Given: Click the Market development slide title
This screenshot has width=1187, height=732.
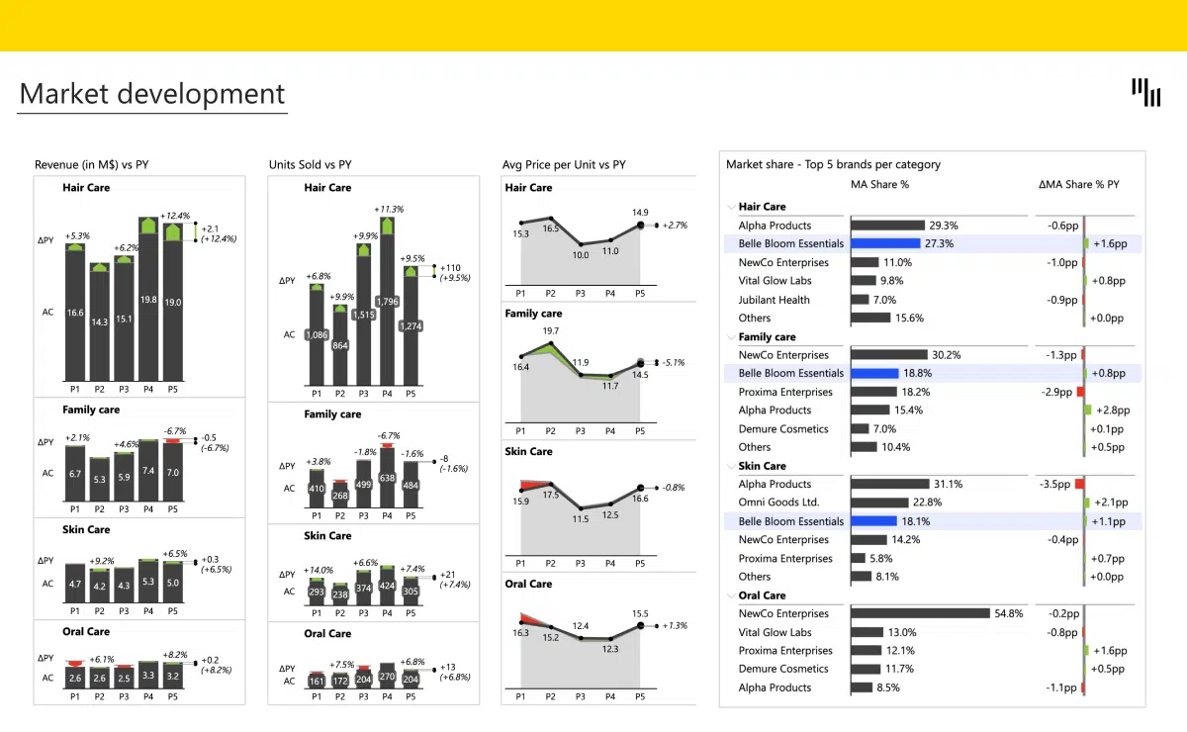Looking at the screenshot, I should click(152, 94).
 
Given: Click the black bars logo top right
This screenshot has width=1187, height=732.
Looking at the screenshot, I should click(1146, 92).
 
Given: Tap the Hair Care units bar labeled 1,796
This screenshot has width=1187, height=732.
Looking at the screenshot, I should click(387, 302).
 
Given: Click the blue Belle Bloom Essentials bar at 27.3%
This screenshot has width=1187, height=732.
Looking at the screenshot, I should click(885, 243).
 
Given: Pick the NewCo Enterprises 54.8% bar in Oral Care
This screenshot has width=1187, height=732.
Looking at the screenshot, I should click(920, 613).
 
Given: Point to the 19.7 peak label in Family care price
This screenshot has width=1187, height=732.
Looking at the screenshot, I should click(551, 330).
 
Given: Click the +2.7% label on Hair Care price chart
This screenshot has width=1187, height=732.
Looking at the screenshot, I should click(675, 226).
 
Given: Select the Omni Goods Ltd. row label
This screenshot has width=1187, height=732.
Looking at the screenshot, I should click(777, 503).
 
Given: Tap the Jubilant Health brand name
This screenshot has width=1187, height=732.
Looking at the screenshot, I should click(774, 300).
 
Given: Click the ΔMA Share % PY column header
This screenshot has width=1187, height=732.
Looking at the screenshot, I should click(1078, 184).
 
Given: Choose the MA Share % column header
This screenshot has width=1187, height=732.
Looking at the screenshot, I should click(879, 184).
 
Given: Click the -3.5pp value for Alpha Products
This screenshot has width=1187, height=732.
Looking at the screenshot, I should click(1054, 485).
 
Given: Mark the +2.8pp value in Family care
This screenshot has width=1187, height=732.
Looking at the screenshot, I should click(1111, 411).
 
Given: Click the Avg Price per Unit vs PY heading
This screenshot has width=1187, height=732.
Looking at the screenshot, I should click(564, 165).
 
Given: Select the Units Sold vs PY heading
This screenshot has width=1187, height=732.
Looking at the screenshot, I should click(310, 165).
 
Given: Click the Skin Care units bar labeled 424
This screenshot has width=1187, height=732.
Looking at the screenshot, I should click(387, 586).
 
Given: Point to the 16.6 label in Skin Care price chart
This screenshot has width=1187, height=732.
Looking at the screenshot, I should click(640, 499).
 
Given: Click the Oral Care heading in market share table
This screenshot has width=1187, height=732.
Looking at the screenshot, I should click(762, 595).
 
